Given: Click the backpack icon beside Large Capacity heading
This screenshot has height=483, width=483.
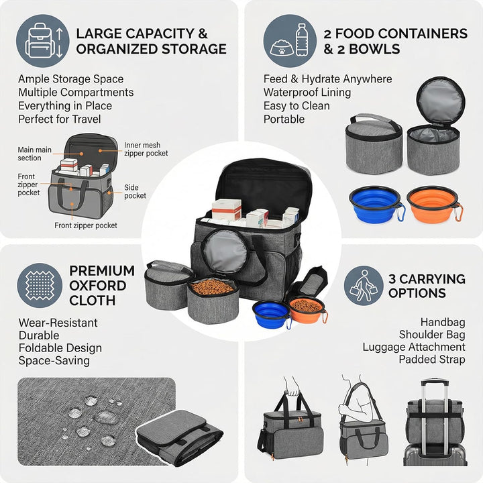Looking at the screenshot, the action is click(x=43, y=41).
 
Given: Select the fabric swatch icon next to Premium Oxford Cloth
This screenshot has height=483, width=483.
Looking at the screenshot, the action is click(x=40, y=286).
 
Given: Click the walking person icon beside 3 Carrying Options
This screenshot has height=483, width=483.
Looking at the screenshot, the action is click(x=364, y=286).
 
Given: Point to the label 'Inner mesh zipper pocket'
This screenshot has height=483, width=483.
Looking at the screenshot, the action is click(x=146, y=149).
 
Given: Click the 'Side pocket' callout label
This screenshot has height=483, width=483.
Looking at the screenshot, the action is click(x=135, y=192).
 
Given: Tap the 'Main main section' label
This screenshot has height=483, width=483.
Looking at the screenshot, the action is click(x=34, y=154).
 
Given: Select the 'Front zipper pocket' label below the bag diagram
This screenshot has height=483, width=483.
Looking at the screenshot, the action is click(x=86, y=225).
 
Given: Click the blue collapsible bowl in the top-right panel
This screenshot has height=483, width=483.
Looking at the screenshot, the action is click(x=377, y=204).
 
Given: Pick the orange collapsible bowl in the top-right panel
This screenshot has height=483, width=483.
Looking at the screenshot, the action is click(x=434, y=204).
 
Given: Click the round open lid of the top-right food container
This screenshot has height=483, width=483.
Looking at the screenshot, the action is click(x=441, y=101).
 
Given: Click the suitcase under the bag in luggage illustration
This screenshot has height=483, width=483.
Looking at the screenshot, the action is click(x=435, y=455).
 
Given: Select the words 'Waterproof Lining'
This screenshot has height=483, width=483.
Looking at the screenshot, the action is click(x=307, y=92).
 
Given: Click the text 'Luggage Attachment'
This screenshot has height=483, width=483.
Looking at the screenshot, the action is click(x=414, y=347).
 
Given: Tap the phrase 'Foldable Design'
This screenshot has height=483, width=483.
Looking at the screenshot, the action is click(x=60, y=347).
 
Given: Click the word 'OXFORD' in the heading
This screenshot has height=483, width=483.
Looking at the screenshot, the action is click(x=98, y=286).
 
